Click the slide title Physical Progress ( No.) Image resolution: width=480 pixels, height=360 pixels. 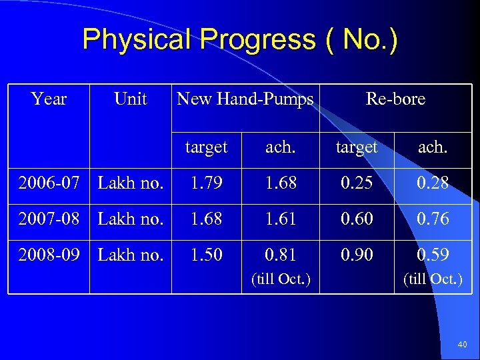[x=240, y=39]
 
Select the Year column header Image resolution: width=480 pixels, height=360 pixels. [x=49, y=99]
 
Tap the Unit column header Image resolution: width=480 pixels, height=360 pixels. [x=130, y=99]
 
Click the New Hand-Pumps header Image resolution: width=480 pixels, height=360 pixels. [x=245, y=99]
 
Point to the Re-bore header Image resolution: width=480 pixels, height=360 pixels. [x=395, y=99]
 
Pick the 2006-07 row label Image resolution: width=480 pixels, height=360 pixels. [x=49, y=183]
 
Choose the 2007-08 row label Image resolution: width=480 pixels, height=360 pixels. [x=49, y=219]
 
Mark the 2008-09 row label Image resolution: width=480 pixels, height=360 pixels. [x=49, y=255]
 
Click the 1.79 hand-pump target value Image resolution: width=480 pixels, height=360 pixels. [x=206, y=183]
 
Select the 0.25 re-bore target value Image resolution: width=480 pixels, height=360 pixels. [x=357, y=183]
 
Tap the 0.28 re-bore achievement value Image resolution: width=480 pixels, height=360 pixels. [x=433, y=183]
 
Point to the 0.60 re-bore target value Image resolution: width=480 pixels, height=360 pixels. [x=357, y=219]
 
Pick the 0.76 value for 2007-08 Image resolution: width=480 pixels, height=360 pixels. [x=433, y=219]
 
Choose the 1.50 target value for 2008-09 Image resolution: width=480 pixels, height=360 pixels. [x=206, y=255]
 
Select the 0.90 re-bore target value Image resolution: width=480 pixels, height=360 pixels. [x=357, y=255]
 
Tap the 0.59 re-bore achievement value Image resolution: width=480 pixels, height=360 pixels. [x=433, y=255]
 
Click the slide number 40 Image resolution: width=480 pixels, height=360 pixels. [x=463, y=345]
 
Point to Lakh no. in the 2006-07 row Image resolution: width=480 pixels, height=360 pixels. [x=131, y=183]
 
